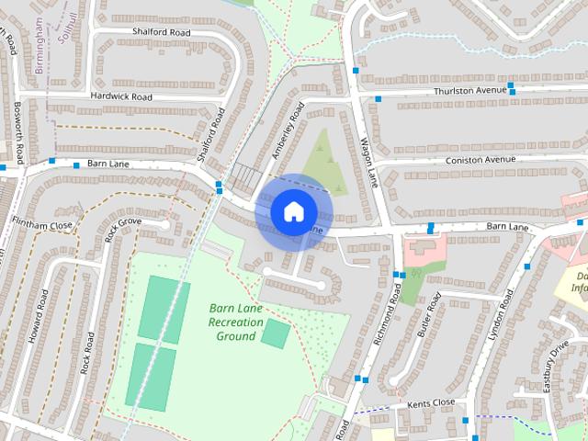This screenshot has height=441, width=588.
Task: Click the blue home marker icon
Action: point(292,211)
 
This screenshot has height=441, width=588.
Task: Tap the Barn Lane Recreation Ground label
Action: point(223,322)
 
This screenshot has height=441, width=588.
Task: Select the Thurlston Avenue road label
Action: point(472,91)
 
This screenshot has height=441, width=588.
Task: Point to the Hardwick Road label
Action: point(121,96)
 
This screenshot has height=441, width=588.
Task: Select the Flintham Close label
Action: point(42,224)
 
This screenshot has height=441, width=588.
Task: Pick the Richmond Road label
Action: point(389,318)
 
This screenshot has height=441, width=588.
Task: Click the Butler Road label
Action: point(429,314)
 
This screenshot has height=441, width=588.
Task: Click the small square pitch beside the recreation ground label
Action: point(274,333)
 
